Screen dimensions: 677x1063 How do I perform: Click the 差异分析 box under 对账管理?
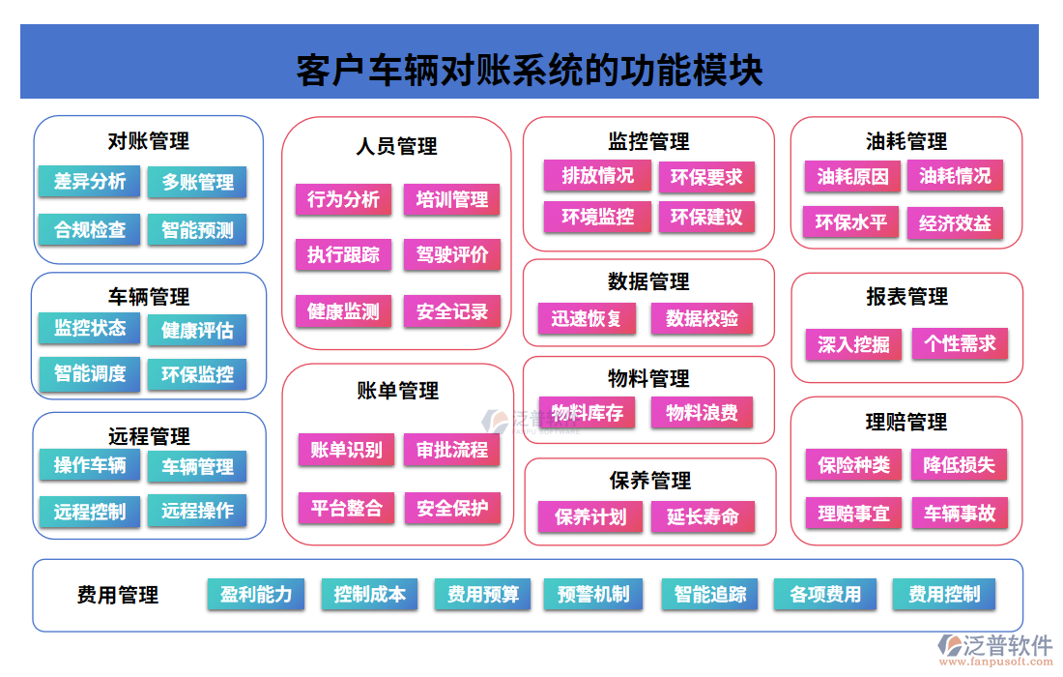pos(89,181)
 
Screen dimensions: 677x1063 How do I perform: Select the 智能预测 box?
pos(197,229)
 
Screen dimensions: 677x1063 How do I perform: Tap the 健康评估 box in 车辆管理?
pos(197,330)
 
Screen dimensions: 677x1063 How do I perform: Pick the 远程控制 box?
pos(89,512)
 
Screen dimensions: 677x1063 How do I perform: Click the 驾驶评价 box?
pos(452,255)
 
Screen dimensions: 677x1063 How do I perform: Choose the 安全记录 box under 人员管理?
pos(452,311)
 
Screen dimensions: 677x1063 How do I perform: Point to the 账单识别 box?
pos(346,450)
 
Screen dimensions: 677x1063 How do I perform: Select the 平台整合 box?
pos(346,508)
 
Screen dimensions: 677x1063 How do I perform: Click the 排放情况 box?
pos(597,176)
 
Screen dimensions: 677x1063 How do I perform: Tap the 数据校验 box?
pos(702,318)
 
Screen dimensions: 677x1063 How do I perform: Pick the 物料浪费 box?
pos(702,413)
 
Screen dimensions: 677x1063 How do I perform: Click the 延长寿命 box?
pos(702,516)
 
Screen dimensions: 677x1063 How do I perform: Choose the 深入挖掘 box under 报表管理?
pos(853,343)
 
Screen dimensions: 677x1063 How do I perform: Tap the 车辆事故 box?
pos(960,513)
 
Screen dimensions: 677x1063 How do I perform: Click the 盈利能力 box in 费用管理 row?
pos(256,594)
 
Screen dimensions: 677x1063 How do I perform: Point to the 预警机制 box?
pos(593,594)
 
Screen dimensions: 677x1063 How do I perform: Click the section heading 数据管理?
pos(648,281)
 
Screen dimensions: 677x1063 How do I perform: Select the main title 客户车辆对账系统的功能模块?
pos(530,71)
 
